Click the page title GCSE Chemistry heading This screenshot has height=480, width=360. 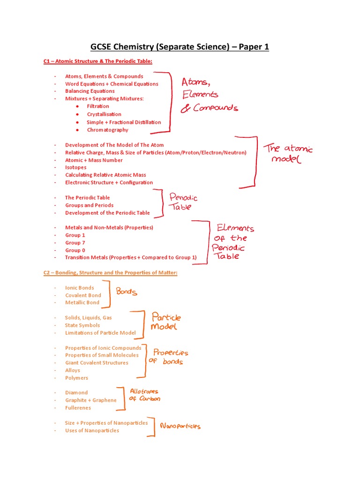tap(180, 47)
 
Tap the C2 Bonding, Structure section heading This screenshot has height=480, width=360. tap(110, 273)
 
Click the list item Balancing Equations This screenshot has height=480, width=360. tap(90, 91)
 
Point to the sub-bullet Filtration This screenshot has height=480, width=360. tap(97, 106)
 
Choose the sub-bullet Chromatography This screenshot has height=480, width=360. tap(107, 130)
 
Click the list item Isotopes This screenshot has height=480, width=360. tap(75, 167)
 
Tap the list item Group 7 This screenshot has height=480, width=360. tap(75, 243)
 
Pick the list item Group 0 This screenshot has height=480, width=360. tap(75, 250)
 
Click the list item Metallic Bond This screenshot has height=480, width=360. tap(82, 303)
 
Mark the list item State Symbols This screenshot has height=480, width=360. tap(82, 325)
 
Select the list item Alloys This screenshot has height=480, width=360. tap(73, 370)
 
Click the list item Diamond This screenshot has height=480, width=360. tap(76, 393)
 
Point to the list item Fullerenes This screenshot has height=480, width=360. tap(78, 408)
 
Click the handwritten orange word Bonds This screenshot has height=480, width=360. tap(127, 292)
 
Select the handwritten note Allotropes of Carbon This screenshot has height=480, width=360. tap(144, 395)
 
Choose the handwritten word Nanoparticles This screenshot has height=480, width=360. tap(180, 426)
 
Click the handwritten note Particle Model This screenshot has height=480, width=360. tap(165, 321)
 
